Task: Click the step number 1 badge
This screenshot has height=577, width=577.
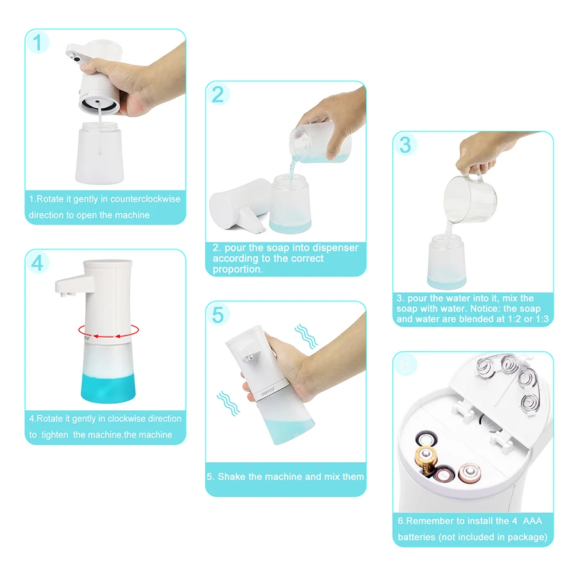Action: click(x=37, y=42)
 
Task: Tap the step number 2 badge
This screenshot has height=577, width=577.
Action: click(x=218, y=94)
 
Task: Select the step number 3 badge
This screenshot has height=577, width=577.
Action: click(x=405, y=145)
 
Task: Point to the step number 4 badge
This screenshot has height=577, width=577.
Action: click(x=37, y=263)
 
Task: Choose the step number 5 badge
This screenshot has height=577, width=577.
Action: click(x=218, y=315)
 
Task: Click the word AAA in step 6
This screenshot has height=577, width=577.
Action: click(x=533, y=521)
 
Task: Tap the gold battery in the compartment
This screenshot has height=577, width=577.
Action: click(x=426, y=459)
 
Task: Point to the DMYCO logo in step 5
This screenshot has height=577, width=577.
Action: click(x=268, y=391)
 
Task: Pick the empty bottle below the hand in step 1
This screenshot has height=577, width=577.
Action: click(x=99, y=153)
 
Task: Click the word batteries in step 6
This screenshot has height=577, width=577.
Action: click(x=417, y=537)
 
